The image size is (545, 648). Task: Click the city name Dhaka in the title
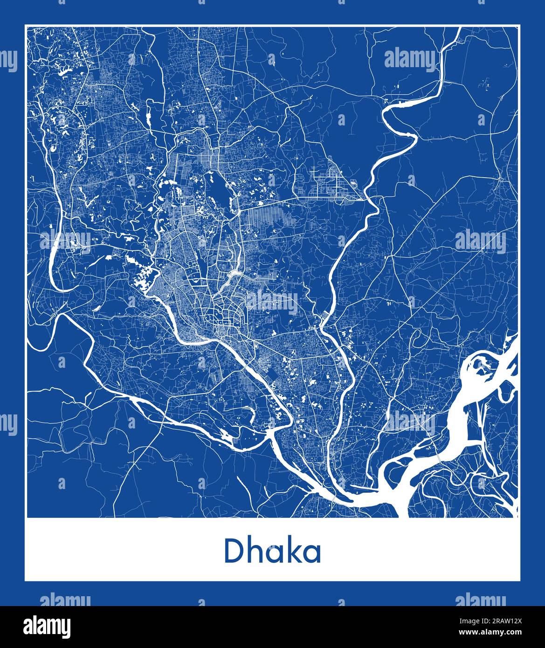(273, 551)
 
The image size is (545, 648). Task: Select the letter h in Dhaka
(254, 551)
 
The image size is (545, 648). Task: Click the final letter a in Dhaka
(311, 553)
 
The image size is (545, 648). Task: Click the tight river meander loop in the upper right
(401, 124)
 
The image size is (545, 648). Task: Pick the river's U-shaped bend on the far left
(55, 270)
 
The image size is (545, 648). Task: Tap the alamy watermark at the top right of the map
(410, 59)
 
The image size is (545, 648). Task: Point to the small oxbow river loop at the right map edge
(506, 392)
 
